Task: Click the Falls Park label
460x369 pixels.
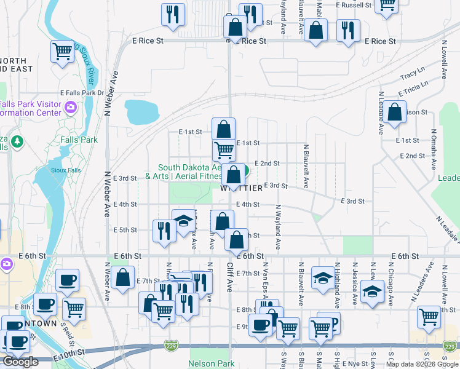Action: (79, 140)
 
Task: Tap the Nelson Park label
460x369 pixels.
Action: (211, 363)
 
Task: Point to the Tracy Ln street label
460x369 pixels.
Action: (412, 75)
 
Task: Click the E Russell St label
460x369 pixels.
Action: (354, 5)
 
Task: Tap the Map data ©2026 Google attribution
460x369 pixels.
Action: (422, 364)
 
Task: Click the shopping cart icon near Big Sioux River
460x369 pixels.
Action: (62, 52)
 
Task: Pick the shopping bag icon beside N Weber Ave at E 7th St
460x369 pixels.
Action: (124, 277)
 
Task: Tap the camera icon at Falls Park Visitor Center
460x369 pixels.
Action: (71, 108)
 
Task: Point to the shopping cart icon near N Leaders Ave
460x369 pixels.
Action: (429, 316)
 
